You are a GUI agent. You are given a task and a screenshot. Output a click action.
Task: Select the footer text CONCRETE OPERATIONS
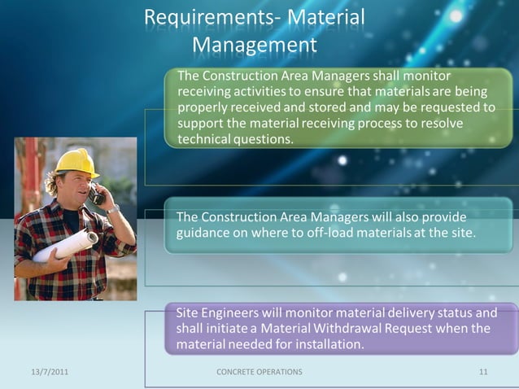259,372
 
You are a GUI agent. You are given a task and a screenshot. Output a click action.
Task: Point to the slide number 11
483,372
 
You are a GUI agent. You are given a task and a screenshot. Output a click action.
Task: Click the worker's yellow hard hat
76,162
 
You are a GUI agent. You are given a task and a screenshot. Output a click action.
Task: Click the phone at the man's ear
97,194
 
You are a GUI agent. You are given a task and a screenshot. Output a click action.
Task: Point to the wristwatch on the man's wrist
113,209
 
